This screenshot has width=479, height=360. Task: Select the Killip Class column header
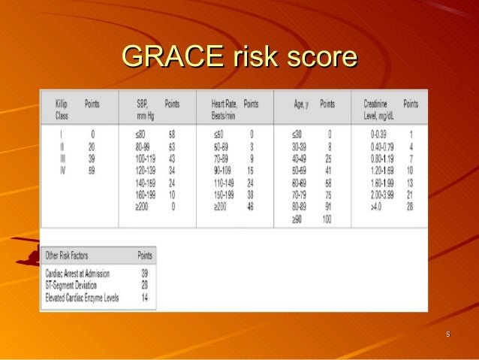(66, 110)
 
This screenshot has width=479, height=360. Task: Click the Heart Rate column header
(218, 110)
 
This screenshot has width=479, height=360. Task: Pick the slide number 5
(447, 334)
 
